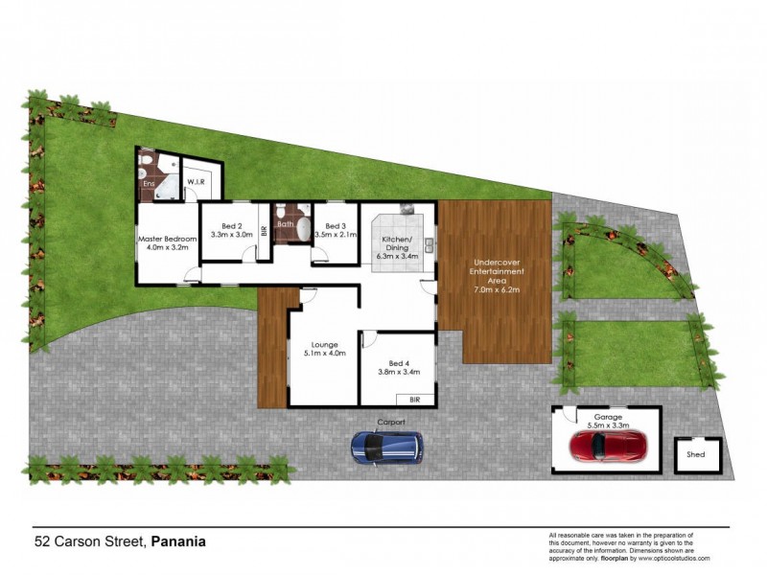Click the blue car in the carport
coord(386,447)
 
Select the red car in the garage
coord(607,446)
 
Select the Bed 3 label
coord(335,225)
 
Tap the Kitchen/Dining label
coord(397,241)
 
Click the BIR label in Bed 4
coord(414,398)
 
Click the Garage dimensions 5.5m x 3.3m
coord(606,423)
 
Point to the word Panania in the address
coord(178,541)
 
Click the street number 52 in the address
coord(42,541)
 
